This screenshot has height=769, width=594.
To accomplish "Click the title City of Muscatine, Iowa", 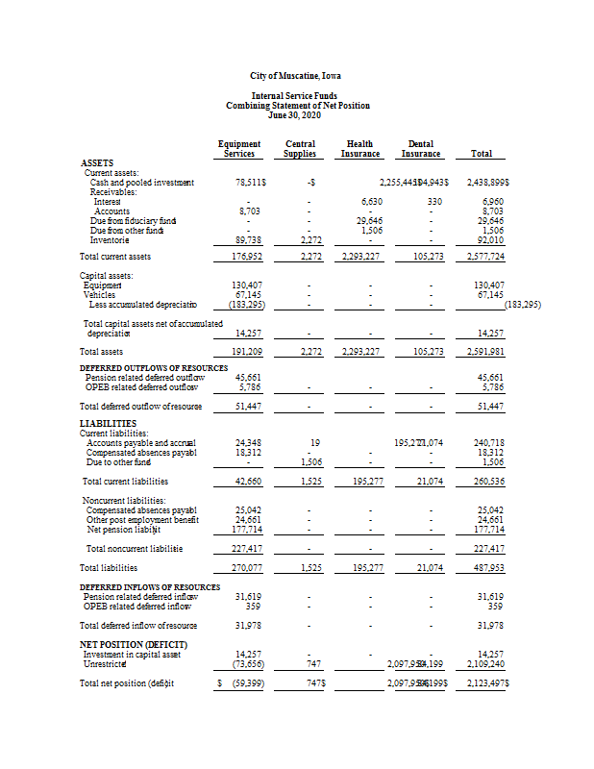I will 297,76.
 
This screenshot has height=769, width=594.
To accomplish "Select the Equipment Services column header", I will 239,149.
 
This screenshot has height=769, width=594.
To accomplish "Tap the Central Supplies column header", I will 301,149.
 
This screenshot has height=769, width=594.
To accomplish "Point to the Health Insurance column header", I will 360,149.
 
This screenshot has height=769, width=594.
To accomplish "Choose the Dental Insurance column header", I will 420,149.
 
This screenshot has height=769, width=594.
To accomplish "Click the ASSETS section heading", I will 96,163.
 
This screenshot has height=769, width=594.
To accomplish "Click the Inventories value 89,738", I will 249,239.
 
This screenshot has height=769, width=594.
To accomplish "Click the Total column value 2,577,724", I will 485,258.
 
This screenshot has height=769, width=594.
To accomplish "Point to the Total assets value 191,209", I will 248,352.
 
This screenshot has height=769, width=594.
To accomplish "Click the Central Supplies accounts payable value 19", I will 315,442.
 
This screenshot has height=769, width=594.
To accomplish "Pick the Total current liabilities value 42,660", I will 248,481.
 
